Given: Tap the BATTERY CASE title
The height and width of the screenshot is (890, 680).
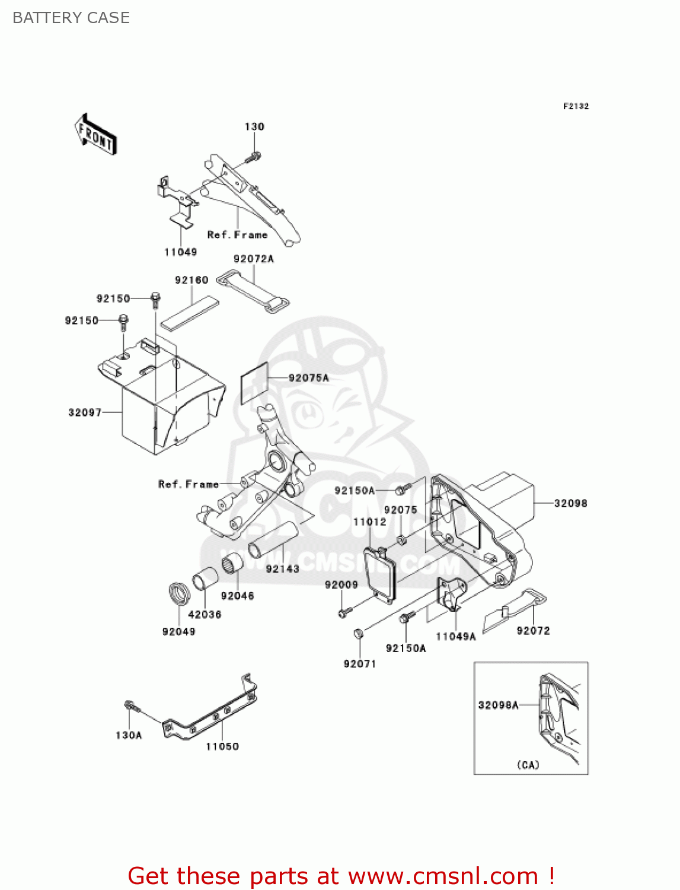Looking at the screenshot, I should (71, 18).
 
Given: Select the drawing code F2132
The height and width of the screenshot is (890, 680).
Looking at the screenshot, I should (576, 106).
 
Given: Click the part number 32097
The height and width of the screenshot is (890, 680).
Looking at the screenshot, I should (85, 412).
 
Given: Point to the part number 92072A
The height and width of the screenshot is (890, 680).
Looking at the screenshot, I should (254, 259).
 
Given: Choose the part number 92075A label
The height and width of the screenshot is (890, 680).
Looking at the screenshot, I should (308, 378).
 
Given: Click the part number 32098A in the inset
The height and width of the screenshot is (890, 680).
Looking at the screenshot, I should (498, 705).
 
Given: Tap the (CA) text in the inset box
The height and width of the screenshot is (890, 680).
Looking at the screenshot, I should (528, 765).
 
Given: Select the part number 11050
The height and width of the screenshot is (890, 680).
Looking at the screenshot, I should (222, 746).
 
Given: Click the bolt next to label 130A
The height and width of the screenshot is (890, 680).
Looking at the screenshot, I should (131, 706).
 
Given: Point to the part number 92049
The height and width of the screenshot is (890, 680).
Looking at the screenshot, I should (178, 631).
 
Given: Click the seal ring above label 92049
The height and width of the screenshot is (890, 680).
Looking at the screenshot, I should (178, 593).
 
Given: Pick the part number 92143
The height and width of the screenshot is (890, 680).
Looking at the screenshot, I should (282, 568).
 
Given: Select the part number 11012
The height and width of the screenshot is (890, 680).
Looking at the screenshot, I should (369, 522).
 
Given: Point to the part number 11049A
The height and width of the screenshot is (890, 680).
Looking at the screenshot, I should (455, 637).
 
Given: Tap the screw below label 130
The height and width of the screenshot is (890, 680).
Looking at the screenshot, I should (254, 157).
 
